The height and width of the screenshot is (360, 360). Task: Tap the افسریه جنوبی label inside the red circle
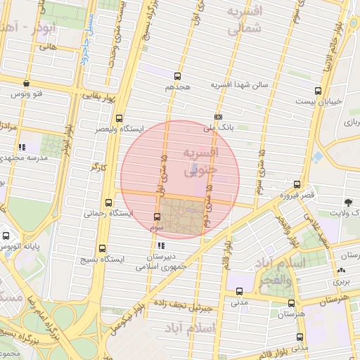(x=201, y=161)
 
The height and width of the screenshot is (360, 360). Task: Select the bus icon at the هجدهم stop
(x=177, y=77)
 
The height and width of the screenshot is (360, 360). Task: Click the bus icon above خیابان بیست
(x=318, y=91)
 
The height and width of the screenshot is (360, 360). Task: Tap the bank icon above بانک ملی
(x=218, y=117)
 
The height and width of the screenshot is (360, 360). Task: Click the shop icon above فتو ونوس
(x=26, y=82)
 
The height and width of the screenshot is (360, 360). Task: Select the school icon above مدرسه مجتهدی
(x=22, y=147)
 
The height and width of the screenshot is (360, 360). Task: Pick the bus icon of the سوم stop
(x=157, y=217)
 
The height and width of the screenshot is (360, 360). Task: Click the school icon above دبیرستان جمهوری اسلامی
(x=162, y=245)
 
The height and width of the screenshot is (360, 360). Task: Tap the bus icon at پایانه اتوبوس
(x=6, y=236)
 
